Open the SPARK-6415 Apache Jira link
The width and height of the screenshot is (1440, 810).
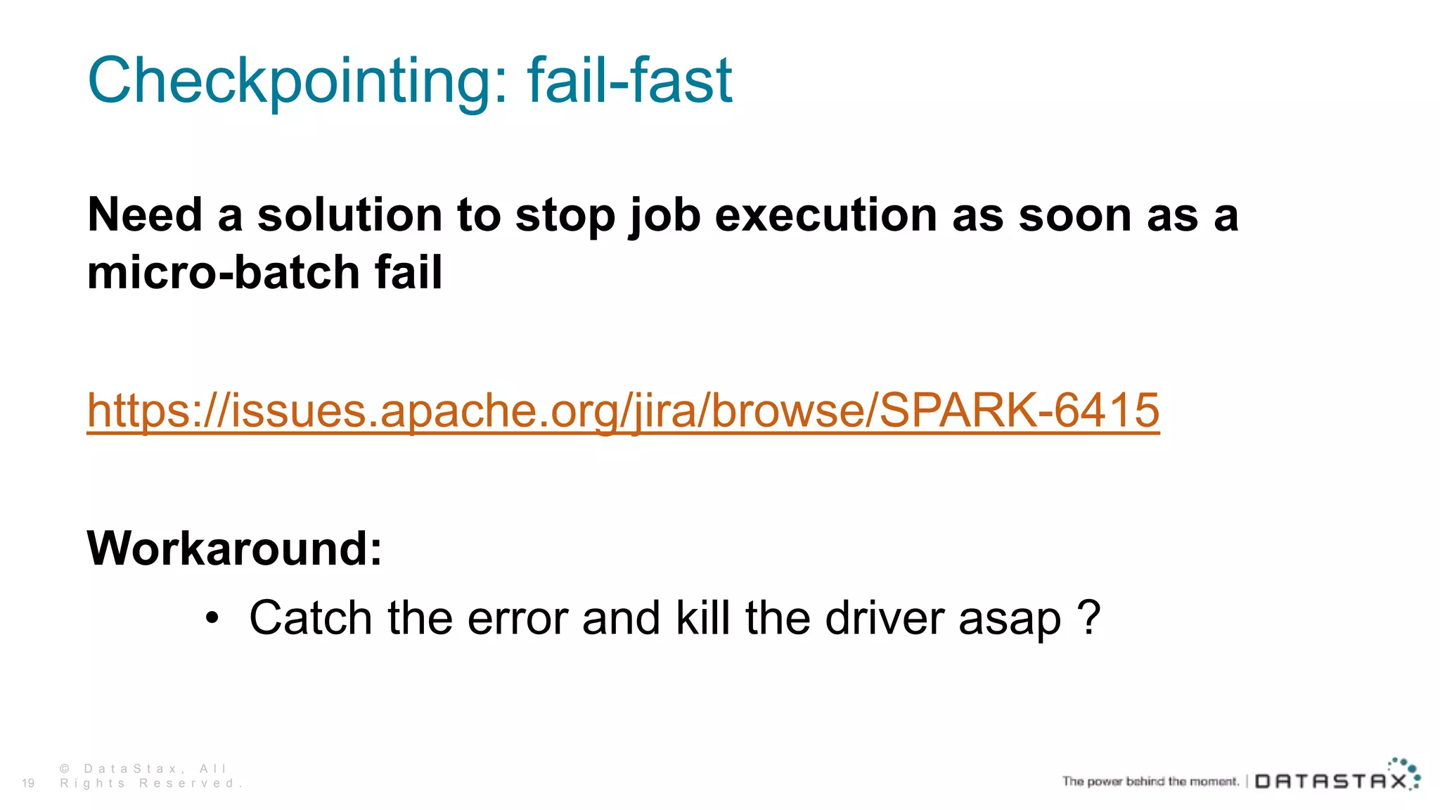(x=623, y=410)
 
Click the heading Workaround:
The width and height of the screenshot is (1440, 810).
(x=235, y=548)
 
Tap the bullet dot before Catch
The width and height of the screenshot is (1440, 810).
(x=212, y=619)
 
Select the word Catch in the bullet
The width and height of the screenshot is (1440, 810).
(x=310, y=619)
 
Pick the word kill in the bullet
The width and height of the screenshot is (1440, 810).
(x=702, y=619)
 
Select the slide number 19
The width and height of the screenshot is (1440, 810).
(x=28, y=783)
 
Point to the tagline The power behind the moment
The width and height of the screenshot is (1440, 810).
(x=1150, y=781)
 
